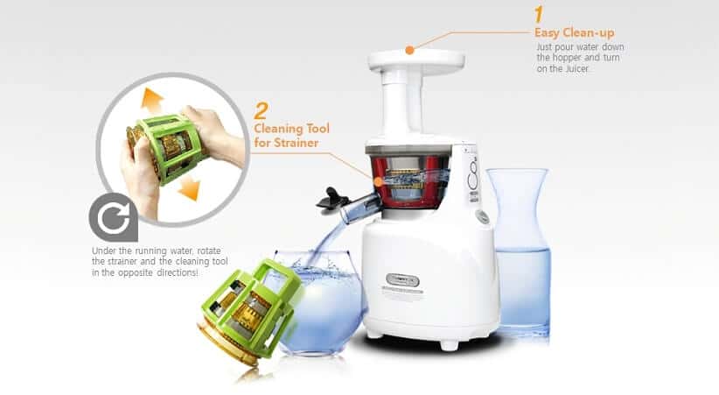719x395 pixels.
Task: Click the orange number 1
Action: pos(540,15)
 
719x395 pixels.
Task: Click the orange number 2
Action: pos(261,111)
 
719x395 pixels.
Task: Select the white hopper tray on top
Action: pos(414,59)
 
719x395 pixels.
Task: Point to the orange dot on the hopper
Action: pos(409,50)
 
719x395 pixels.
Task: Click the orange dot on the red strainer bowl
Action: pos(378,181)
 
